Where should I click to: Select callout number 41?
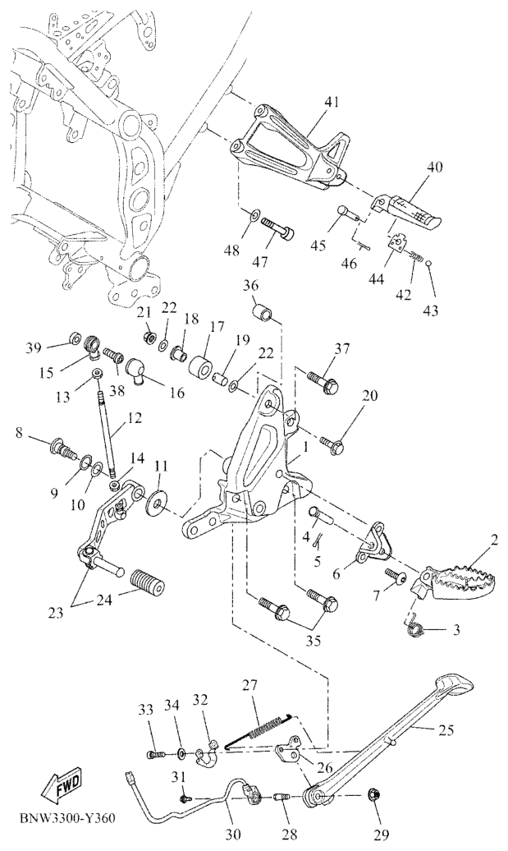(316, 102)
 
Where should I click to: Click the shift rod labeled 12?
(107, 430)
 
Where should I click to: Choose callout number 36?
(251, 286)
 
